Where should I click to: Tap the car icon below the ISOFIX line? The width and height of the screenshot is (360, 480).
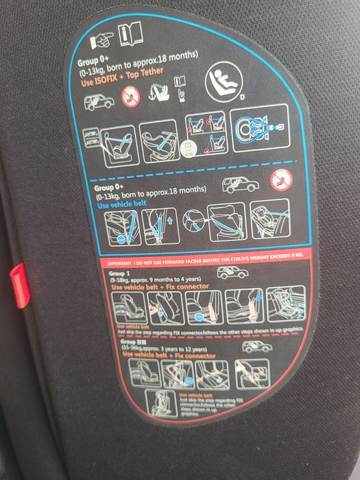(x=98, y=104)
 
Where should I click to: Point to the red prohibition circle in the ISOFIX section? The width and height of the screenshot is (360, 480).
(x=130, y=97)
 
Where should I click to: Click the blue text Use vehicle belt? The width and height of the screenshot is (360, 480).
(x=121, y=205)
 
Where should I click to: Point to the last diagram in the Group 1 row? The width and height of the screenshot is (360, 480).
(x=285, y=303)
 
